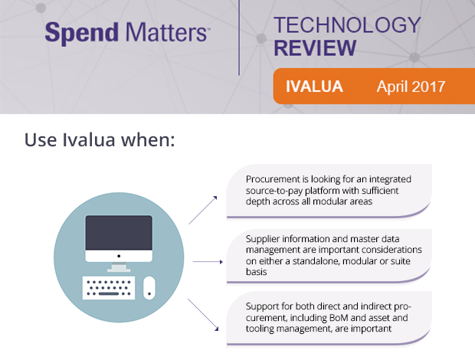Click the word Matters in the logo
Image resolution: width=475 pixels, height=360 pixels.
[159, 33]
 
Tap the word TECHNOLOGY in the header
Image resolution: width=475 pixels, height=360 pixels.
[347, 25]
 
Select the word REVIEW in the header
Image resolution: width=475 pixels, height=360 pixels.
[315, 48]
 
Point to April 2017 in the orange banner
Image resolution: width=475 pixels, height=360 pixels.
[410, 87]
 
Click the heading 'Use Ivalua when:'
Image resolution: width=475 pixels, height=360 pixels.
[100, 140]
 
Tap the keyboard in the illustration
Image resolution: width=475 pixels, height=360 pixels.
[110, 288]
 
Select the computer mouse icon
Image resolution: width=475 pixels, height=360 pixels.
[149, 288]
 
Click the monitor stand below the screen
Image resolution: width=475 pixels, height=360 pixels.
[118, 265]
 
